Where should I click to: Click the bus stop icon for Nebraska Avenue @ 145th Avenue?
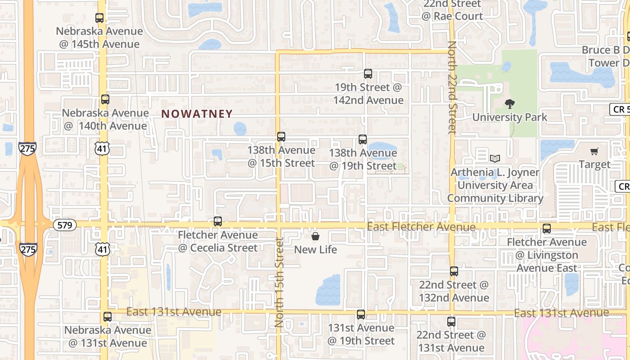coord(99,18)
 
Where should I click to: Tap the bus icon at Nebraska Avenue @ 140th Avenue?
coord(105,99)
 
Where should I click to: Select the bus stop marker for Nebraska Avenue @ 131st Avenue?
coord(107,316)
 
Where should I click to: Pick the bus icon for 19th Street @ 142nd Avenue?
coord(368,74)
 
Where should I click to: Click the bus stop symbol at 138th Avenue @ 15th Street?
coord(281,137)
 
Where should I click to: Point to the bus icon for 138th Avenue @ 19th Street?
coord(363,139)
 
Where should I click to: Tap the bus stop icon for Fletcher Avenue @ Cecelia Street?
coord(218,221)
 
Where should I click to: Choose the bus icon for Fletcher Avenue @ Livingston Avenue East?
coord(547,229)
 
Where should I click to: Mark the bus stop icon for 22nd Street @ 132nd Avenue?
coord(454,271)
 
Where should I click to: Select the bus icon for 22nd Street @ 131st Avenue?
coord(451,322)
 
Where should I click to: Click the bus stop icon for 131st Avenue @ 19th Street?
coord(361,315)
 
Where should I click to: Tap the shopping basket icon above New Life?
coord(315,236)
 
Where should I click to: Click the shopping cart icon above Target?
coord(594,152)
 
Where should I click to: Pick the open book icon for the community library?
coord(495,158)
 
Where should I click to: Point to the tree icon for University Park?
coord(510,104)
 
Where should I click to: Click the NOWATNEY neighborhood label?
coord(197,114)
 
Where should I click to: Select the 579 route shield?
coord(65,225)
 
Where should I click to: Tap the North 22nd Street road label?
coord(452,88)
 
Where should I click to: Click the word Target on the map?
coord(594,165)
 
